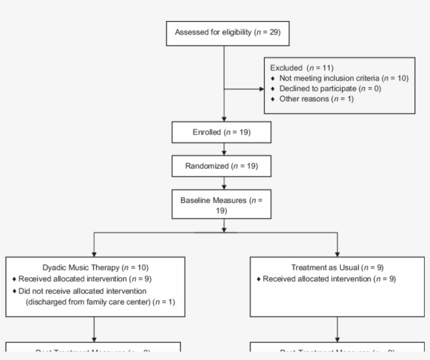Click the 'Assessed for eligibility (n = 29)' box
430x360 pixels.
224,33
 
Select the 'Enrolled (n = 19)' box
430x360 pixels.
221,133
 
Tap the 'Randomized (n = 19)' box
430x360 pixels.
221,166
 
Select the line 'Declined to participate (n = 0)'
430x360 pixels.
330,89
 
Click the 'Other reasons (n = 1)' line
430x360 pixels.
316,99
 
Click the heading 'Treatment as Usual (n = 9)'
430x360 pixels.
337,268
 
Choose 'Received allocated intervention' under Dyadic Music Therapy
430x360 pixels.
83,279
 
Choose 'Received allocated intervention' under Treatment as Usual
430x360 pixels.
329,279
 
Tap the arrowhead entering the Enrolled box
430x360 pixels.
224,120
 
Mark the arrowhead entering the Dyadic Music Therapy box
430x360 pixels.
94,254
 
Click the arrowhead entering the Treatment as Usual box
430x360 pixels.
337,254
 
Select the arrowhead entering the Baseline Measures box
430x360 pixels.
224,187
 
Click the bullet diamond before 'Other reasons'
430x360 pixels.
273,99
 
